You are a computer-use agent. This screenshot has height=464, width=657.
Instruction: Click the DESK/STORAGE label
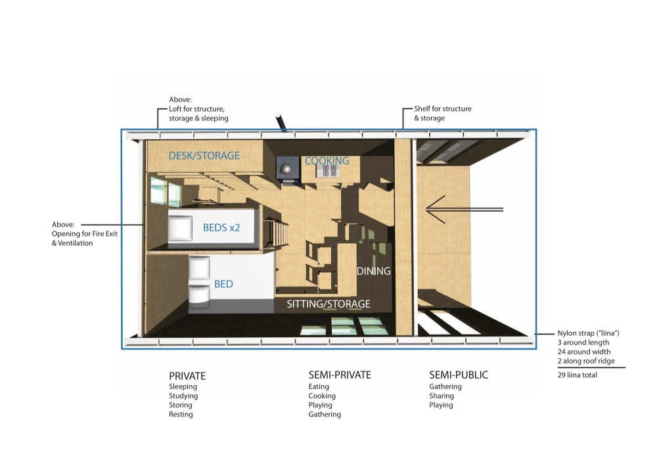204,156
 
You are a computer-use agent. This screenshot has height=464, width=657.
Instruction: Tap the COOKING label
327,160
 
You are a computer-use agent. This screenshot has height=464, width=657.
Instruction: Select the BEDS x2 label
221,227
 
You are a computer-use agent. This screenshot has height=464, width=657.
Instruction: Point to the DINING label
373,271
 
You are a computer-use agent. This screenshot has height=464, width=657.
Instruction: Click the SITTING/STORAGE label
328,304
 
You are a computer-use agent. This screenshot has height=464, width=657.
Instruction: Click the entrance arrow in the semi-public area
464,210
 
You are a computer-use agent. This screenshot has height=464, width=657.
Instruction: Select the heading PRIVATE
187,376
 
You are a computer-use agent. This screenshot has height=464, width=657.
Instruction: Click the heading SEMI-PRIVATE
340,375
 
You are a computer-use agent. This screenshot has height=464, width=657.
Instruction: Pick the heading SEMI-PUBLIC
459,375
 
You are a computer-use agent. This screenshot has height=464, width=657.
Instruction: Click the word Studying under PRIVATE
183,396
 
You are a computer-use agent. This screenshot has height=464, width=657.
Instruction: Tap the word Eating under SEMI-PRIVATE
319,386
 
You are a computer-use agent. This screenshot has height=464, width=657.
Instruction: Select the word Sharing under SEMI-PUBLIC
442,396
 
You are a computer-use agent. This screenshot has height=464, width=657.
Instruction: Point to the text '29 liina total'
577,375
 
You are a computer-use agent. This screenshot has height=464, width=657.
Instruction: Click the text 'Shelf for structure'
442,108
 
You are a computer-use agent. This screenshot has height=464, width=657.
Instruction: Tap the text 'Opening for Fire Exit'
85,233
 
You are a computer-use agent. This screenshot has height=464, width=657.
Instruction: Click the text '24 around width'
583,352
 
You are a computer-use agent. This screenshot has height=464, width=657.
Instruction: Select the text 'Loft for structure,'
196,109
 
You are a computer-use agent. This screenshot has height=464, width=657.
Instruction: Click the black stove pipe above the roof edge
281,122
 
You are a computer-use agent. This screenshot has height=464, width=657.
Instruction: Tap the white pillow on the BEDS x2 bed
180,227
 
